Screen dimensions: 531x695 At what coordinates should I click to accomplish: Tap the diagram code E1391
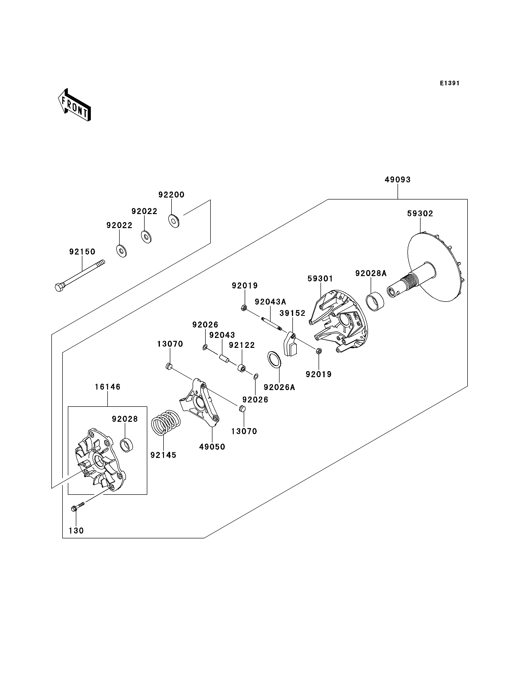pos(450,83)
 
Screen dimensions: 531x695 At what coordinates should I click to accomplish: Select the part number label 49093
pos(398,180)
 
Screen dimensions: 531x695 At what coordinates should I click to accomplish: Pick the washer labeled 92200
pos(174,221)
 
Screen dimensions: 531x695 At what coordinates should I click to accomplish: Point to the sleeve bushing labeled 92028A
pos(375,303)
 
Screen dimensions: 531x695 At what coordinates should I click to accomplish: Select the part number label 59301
pos(320,279)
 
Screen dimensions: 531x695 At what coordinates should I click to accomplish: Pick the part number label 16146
pos(108,387)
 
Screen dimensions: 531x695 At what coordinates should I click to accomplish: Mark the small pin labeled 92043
pos(224,359)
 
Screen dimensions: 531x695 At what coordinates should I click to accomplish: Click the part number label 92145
pos(164,455)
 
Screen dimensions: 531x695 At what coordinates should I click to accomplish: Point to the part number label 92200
pos(171,195)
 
